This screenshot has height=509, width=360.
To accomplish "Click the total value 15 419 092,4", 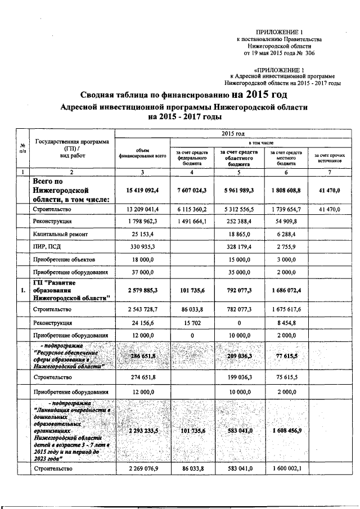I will pos(142,191).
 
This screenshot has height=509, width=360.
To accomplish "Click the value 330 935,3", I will pos(142,246).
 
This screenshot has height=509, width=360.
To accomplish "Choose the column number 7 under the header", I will pos(330,172).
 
